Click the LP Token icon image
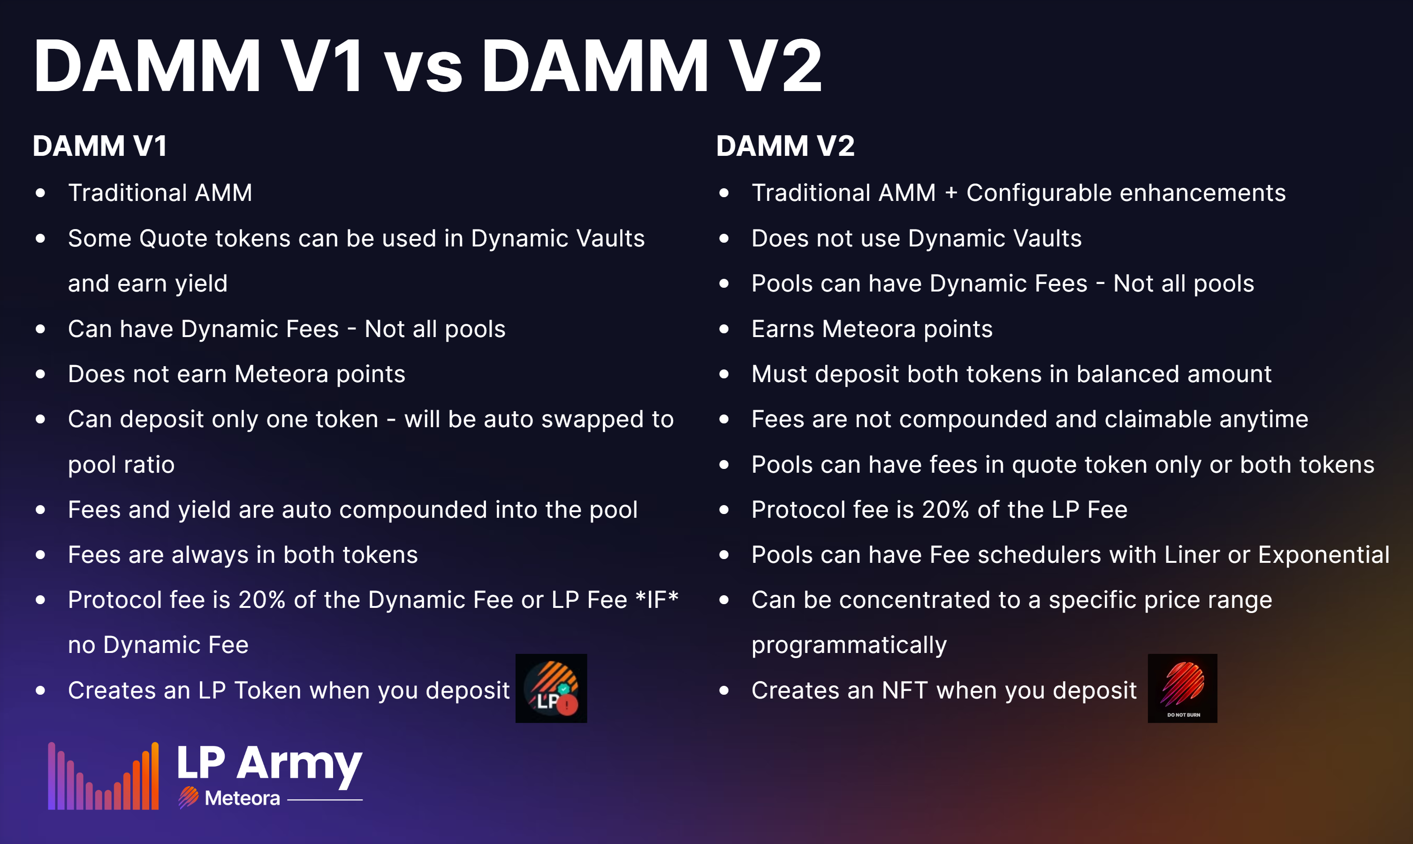click(551, 688)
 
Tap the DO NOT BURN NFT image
click(1182, 688)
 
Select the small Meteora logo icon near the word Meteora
click(188, 798)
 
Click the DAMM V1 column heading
click(100, 146)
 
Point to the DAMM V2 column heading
click(785, 146)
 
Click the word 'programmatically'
click(849, 645)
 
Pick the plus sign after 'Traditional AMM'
click(951, 193)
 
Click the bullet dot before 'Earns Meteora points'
click(723, 329)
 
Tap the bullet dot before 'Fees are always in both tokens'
click(40, 554)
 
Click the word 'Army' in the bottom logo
click(300, 765)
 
